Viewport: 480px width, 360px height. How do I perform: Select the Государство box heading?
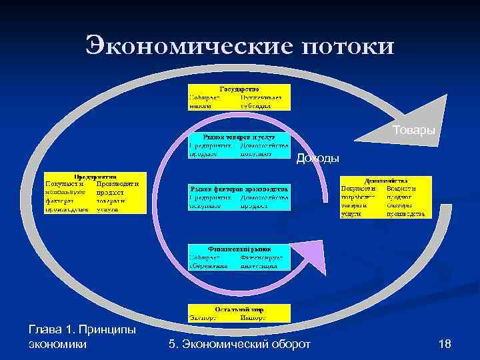(x=239, y=89)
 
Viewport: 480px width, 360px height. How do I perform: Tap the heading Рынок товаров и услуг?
(x=239, y=136)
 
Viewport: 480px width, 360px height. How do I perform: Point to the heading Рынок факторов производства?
(x=239, y=189)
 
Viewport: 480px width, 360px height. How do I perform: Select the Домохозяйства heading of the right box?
(x=386, y=180)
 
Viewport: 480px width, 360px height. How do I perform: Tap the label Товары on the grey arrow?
(x=413, y=129)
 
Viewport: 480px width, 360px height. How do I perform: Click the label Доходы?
(x=317, y=158)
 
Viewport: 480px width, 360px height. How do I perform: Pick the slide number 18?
(x=445, y=344)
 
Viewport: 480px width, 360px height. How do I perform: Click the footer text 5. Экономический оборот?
(x=240, y=344)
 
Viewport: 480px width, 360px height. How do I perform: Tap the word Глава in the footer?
(x=47, y=330)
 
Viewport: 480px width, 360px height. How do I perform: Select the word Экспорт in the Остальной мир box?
(x=203, y=317)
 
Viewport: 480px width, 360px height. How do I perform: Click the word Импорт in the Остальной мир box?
(x=253, y=317)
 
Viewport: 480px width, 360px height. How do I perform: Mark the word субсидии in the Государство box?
(x=257, y=105)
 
